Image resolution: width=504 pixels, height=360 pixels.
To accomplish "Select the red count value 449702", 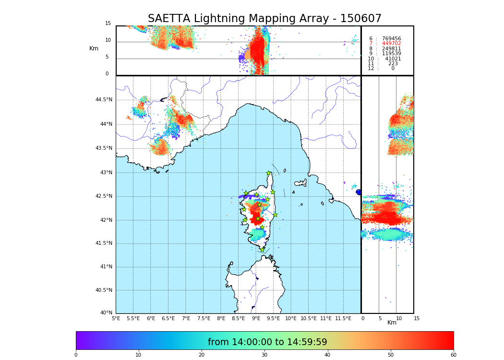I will pos(391,44).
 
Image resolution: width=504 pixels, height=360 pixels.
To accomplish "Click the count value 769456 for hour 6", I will pos(391,38).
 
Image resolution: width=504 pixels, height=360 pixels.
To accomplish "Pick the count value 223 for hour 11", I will pos(393,64).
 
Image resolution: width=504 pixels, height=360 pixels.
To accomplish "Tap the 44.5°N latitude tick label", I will pos(104,100).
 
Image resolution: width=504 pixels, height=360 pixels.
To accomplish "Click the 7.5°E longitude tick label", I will pos(204,318).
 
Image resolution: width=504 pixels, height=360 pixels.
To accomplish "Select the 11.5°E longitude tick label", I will pos(343,318).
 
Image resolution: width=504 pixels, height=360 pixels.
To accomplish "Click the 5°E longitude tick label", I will pos(116,318).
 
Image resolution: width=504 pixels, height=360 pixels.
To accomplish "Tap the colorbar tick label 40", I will pos(327,355).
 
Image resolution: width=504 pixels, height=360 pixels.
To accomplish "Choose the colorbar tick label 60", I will pos(453,355).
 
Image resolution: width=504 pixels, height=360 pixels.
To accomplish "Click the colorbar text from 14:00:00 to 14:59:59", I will pos(267,342).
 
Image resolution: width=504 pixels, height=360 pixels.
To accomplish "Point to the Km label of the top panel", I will pos(94,48).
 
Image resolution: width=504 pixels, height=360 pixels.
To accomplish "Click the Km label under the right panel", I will pos(392,323).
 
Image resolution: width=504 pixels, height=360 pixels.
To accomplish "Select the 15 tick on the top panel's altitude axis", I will pos(108,24).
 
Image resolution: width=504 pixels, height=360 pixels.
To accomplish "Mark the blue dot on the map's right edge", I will pos(359,192).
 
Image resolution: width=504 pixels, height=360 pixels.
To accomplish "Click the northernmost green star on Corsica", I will pos(269,173).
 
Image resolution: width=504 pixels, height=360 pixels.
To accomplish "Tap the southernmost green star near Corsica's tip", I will pos(262,250).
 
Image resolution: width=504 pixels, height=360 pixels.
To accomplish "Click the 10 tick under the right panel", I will pos(399,318).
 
